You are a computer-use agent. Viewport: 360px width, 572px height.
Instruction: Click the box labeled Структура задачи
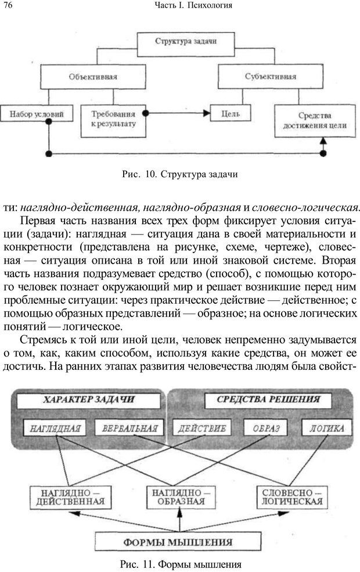[179, 41]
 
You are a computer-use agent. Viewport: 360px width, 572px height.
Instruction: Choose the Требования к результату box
[113, 120]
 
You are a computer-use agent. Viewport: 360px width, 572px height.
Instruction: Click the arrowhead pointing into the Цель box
[206, 114]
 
